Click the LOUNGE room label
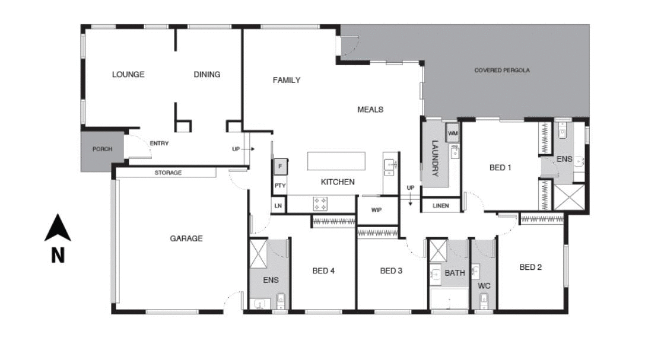coord(128,75)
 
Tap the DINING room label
coord(207,75)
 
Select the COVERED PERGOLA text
coord(501,71)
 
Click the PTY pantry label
coord(280,186)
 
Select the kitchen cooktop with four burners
coord(320,204)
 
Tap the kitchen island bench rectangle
coord(336,161)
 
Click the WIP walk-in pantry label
coord(376,210)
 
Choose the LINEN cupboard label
coord(441,206)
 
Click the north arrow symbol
coord(58,228)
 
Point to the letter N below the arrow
coord(58,255)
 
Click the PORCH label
coord(102,149)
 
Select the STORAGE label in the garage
coord(168,173)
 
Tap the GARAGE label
coord(186,238)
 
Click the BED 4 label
coord(323,271)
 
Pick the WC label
coord(484,285)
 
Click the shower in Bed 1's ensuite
coord(568,197)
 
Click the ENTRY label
coord(159,144)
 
